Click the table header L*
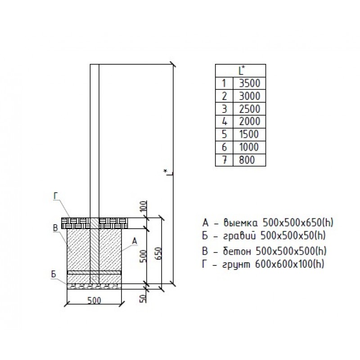click(242, 70)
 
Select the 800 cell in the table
click(247, 160)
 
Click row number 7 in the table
click(224, 160)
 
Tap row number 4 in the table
click(224, 121)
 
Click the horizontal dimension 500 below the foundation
click(94, 300)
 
